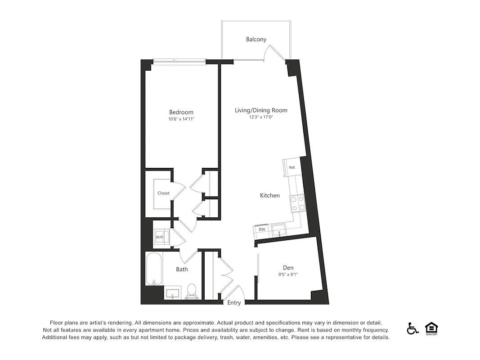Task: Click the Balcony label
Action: pyautogui.click(x=256, y=39)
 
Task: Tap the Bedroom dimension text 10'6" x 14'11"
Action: pyautogui.click(x=181, y=119)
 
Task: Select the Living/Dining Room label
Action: pyautogui.click(x=261, y=110)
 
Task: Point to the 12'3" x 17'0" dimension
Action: pyautogui.click(x=261, y=117)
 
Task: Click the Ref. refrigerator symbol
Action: pyautogui.click(x=292, y=167)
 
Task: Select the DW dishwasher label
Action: pyautogui.click(x=261, y=229)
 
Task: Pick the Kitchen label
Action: pyautogui.click(x=270, y=195)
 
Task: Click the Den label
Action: pyautogui.click(x=288, y=267)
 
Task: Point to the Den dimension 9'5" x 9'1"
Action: pyautogui.click(x=288, y=274)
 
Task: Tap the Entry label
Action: pyautogui.click(x=234, y=303)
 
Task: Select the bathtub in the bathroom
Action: pyautogui.click(x=153, y=269)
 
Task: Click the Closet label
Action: pyautogui.click(x=163, y=193)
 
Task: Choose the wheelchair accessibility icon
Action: pyautogui.click(x=413, y=328)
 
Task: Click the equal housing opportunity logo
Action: pyautogui.click(x=431, y=328)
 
